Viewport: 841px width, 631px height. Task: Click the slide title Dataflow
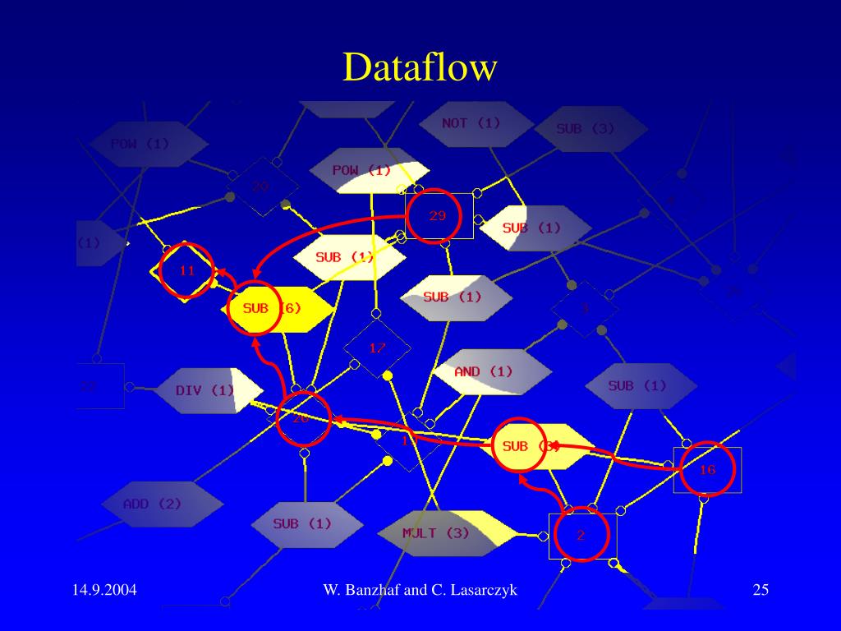click(420, 67)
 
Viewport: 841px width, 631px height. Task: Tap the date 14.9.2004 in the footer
click(104, 590)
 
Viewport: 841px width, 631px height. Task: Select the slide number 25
click(760, 590)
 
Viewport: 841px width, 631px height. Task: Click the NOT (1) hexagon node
click(471, 123)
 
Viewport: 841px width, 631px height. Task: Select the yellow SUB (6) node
click(275, 308)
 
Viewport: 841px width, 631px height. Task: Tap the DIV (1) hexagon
click(205, 390)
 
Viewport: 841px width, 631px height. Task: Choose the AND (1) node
click(484, 371)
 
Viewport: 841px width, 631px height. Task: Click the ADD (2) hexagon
click(153, 504)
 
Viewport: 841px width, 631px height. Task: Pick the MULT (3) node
click(436, 532)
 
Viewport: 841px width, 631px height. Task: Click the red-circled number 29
click(437, 216)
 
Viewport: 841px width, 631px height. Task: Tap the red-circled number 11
click(186, 269)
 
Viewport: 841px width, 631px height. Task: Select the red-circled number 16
click(707, 469)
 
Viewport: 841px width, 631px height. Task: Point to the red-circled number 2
click(581, 536)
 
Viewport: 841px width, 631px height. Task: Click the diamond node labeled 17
click(377, 348)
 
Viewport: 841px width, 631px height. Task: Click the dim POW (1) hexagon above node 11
click(140, 144)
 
